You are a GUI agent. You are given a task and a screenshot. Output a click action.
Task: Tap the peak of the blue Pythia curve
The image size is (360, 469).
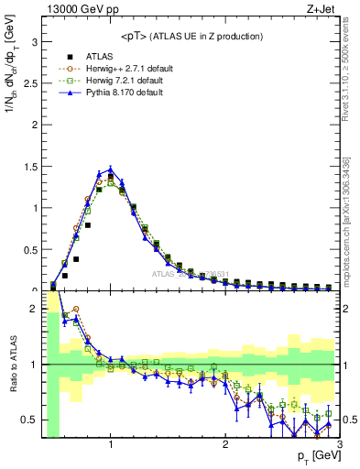(111, 169)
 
